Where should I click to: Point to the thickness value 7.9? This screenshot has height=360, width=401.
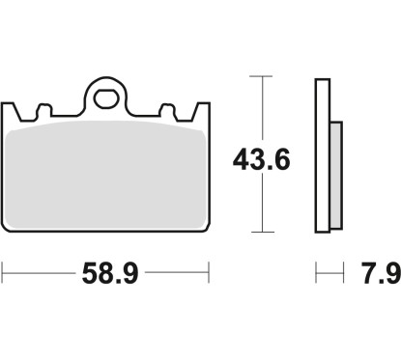[382, 277]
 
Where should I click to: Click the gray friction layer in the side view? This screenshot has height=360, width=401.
[335, 169]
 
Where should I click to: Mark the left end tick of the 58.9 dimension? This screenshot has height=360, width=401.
[3, 276]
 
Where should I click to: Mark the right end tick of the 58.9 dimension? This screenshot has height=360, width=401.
[210, 276]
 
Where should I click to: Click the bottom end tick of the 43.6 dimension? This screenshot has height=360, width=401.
[258, 233]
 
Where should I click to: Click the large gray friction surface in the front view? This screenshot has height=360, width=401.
[106, 174]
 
